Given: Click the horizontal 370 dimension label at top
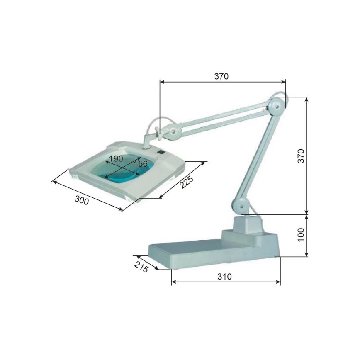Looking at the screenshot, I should (221, 76).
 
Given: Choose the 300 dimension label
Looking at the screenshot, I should (82, 201).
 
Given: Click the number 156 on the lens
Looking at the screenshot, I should (140, 164).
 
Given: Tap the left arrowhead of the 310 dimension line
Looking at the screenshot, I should (173, 282).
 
